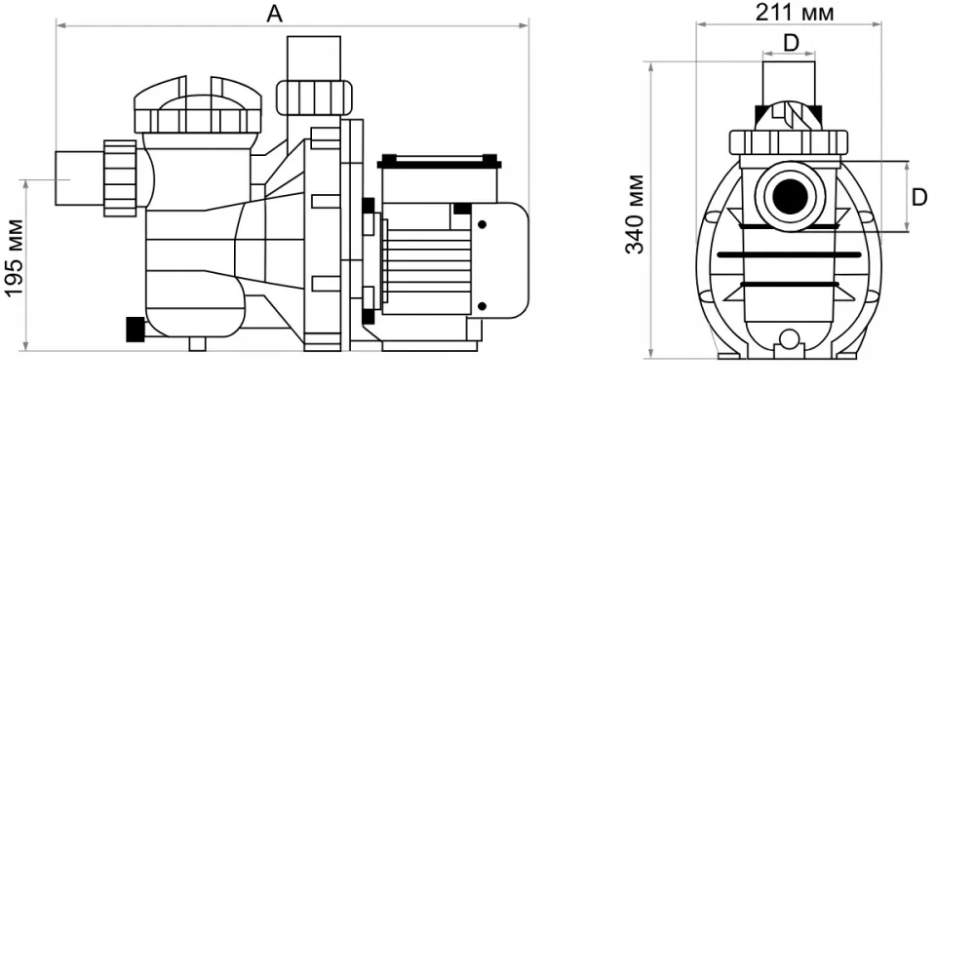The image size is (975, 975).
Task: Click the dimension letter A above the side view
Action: pos(274,14)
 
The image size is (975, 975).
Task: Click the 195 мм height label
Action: pos(14,258)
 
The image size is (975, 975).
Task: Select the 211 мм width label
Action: pos(794,13)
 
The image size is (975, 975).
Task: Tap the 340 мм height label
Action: pos(635,214)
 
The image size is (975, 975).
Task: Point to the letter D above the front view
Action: pos(791,43)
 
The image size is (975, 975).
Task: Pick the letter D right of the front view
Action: pos(919,197)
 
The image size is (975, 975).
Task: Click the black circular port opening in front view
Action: pos(790,197)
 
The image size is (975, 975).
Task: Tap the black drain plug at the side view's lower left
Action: pos(135,330)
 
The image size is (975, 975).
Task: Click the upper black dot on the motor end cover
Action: pos(482,224)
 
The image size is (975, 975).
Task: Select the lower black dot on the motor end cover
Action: pos(482,306)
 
